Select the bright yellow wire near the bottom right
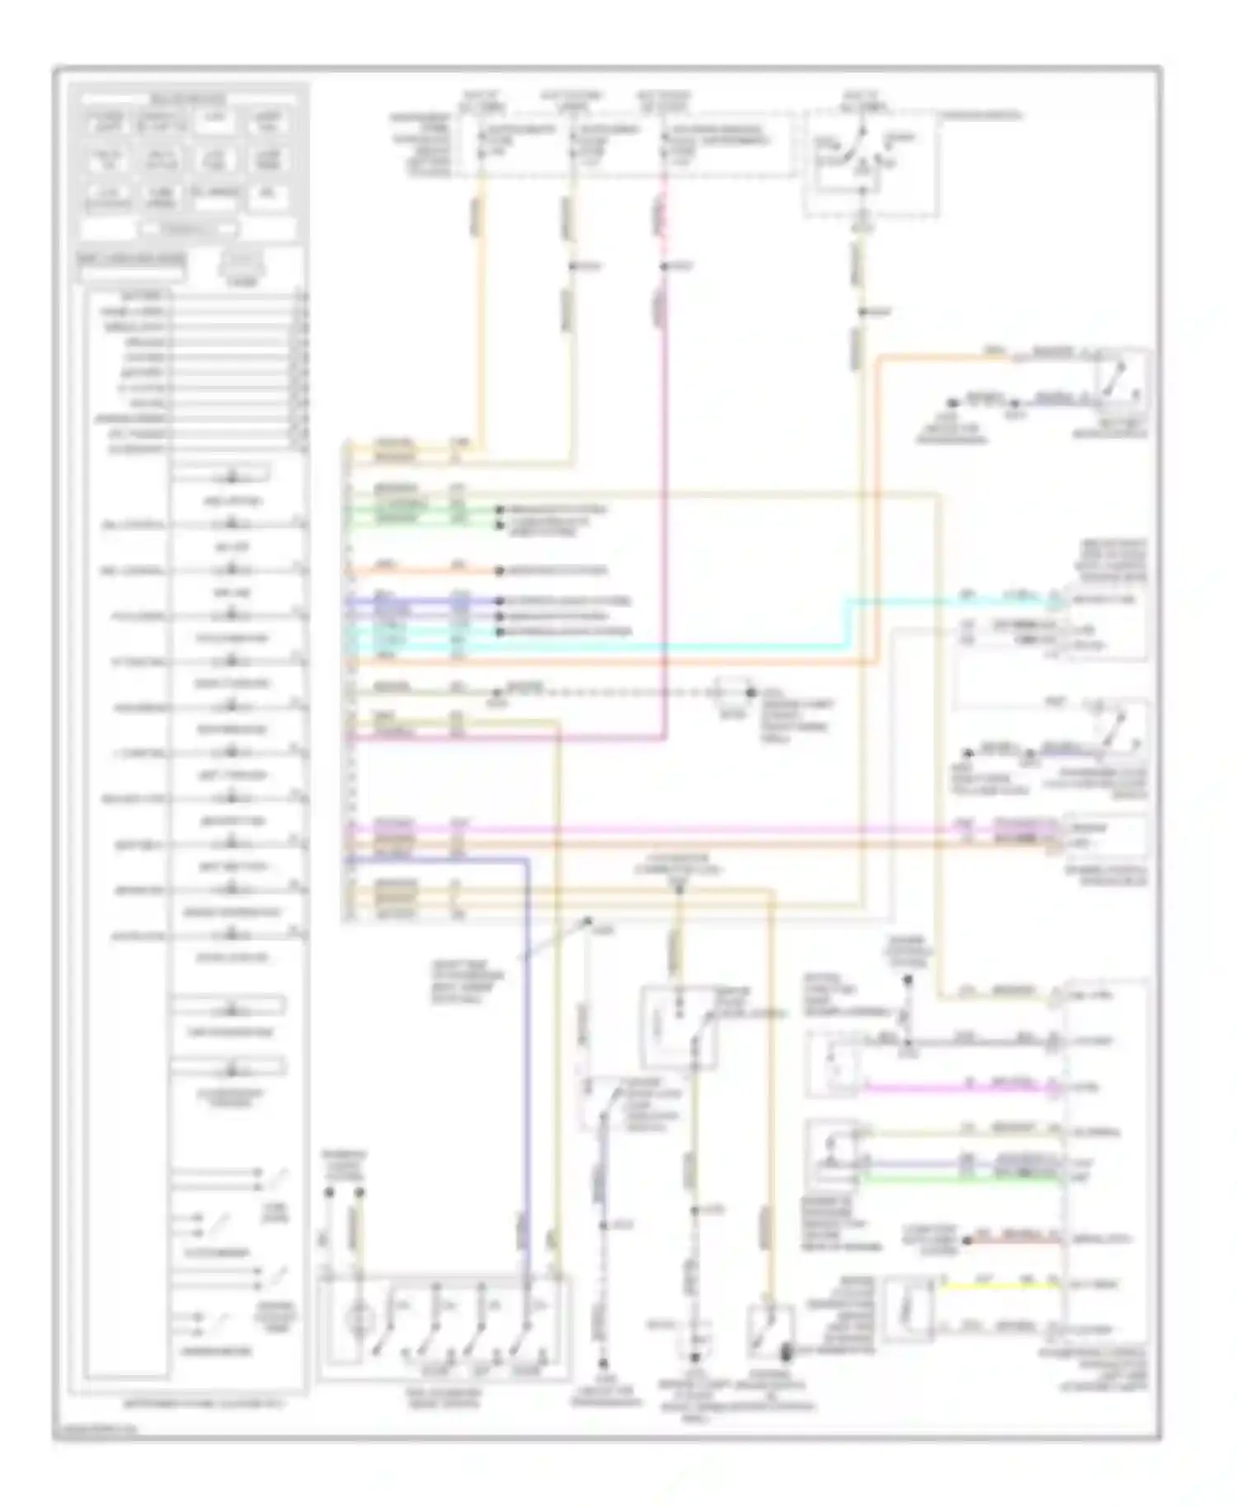tap(998, 1285)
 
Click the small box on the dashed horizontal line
tap(731, 692)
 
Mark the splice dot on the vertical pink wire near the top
tap(664, 266)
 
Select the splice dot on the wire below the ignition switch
tap(862, 312)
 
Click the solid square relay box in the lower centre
tap(678, 1027)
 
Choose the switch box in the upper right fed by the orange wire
tap(1120, 381)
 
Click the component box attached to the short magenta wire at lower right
tap(835, 1063)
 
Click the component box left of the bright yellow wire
tap(907, 1308)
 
